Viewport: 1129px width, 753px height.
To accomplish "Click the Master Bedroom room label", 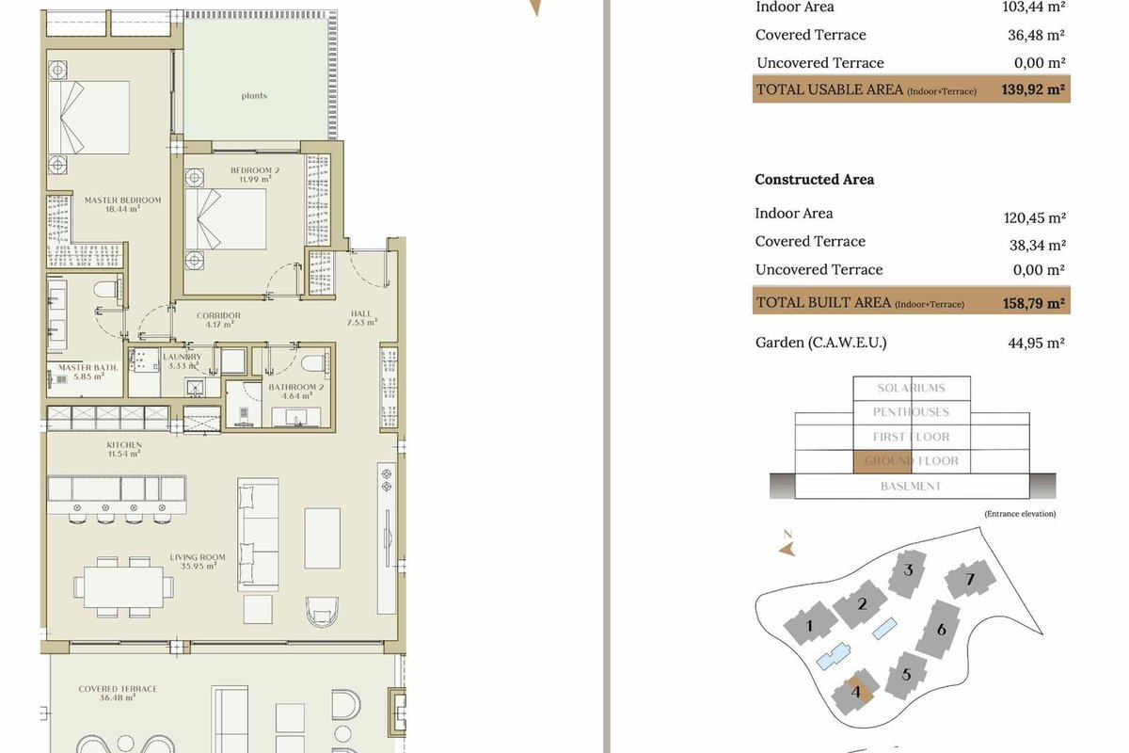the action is coord(122,204).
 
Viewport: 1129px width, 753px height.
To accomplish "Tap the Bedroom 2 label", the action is coord(255,174).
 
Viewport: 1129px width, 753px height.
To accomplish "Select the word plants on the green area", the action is coord(254,96).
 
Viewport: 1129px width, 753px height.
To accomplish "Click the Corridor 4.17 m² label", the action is coord(218,320).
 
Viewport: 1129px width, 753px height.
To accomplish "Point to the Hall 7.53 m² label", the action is coord(361,318).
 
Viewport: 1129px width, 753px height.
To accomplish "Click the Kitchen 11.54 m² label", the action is coord(124,449).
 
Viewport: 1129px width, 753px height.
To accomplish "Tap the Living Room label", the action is coord(198,561).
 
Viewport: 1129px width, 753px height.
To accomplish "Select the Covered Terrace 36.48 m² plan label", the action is coord(118,693).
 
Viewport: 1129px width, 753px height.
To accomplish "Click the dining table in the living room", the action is coord(123,586).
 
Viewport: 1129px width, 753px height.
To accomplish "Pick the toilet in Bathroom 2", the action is coord(315,362).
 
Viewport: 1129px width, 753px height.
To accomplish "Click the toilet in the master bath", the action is coord(107,291).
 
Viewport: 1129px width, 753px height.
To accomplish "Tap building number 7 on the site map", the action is coord(970,580).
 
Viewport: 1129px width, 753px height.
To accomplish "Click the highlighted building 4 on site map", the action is coord(855,692).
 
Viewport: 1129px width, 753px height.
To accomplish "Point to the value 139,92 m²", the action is coord(1033,89).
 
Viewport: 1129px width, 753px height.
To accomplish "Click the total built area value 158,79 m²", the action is coord(1034,303).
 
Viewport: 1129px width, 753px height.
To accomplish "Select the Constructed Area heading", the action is coord(815,180).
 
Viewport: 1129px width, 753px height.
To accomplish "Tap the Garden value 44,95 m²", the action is coord(1036,343).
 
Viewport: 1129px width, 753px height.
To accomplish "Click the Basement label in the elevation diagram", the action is coord(911,487).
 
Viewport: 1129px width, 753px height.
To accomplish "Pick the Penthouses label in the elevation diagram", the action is coord(912,412).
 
